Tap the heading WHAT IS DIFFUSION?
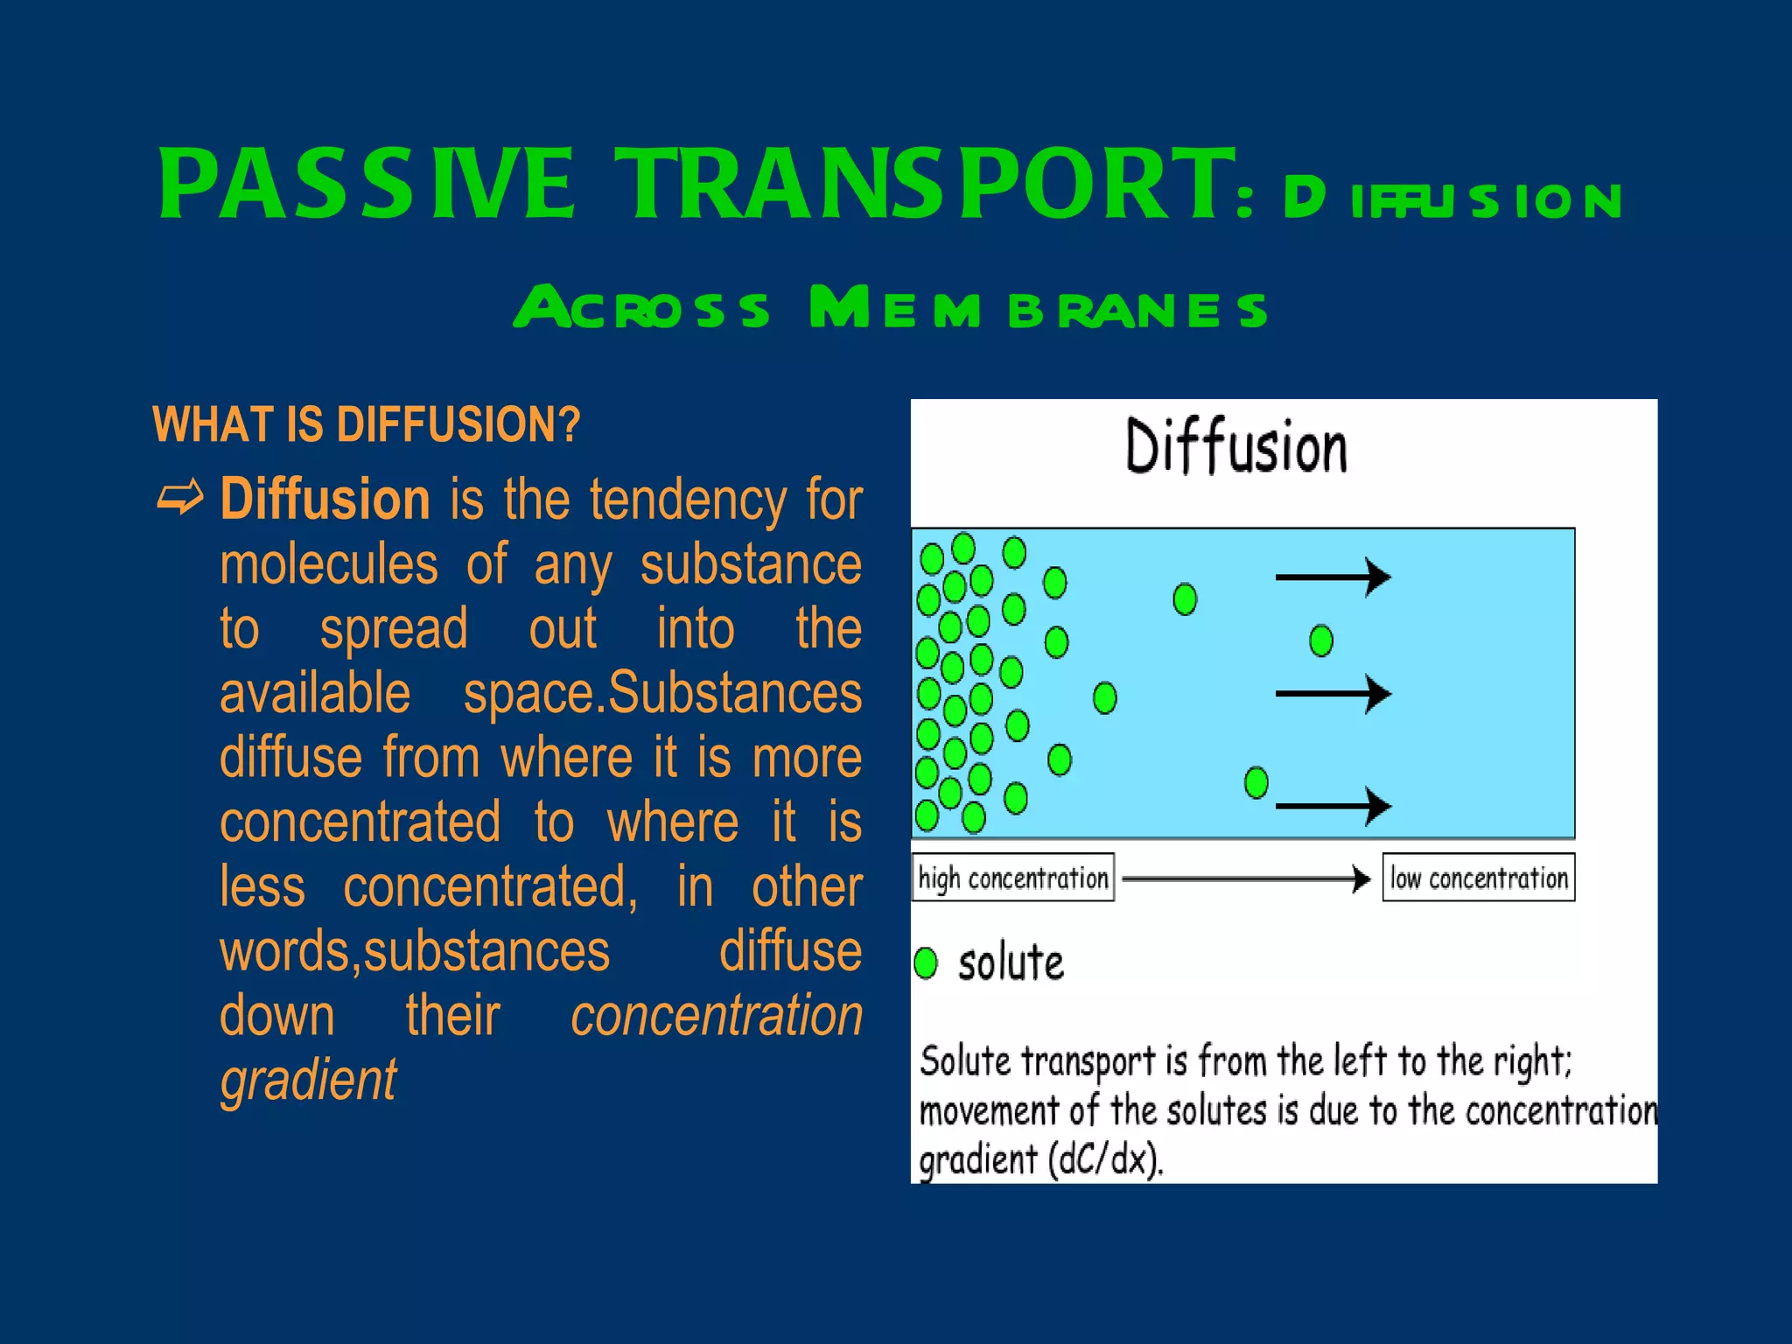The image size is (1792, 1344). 366,425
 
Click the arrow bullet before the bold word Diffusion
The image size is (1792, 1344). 180,499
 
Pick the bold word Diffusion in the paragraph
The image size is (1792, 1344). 325,500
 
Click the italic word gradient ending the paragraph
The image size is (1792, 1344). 308,1080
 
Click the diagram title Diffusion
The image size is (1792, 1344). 1235,448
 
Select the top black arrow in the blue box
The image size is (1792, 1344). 1333,577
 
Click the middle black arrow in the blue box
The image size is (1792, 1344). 1333,694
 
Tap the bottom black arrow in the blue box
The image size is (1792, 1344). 1333,806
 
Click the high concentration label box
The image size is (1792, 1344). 1012,878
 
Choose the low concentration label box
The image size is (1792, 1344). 1478,878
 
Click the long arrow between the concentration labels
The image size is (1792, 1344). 1246,878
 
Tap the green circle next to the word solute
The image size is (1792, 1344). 925,963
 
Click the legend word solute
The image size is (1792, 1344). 1011,963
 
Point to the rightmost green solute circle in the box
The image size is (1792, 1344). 1320,640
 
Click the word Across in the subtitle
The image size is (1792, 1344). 640,308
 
